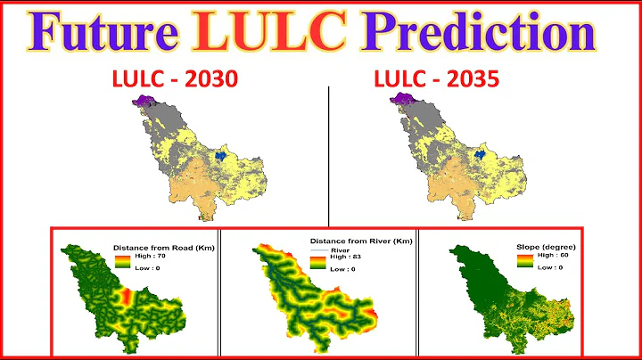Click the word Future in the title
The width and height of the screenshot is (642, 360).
106,33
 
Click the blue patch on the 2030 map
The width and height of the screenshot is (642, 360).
223,156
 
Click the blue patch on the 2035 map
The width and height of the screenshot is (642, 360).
482,156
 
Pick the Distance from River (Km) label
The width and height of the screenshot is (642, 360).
361,241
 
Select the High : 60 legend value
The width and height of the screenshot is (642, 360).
540,257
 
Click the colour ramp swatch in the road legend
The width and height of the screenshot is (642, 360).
121,262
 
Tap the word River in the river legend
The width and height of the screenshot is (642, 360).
339,250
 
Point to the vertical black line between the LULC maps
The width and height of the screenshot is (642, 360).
328,151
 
